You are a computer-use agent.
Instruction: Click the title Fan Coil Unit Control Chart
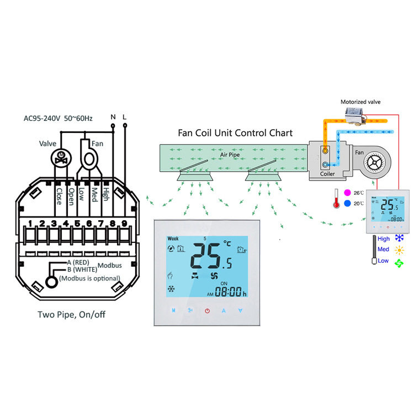click(235, 133)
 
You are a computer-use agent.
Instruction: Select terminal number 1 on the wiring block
click(30, 224)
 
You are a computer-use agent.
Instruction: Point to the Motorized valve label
click(360, 102)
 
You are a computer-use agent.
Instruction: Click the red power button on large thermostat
click(207, 311)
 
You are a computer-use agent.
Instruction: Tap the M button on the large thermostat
click(174, 311)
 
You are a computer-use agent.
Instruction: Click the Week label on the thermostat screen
click(173, 238)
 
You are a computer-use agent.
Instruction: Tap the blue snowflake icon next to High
click(398, 238)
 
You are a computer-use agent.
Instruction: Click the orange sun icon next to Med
click(398, 250)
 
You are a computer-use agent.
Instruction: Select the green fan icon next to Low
click(398, 261)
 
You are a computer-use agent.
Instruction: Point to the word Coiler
click(328, 174)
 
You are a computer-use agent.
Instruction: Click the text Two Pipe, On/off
click(71, 315)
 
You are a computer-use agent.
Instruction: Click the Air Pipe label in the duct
click(231, 155)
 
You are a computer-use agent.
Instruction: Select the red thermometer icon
click(336, 198)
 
